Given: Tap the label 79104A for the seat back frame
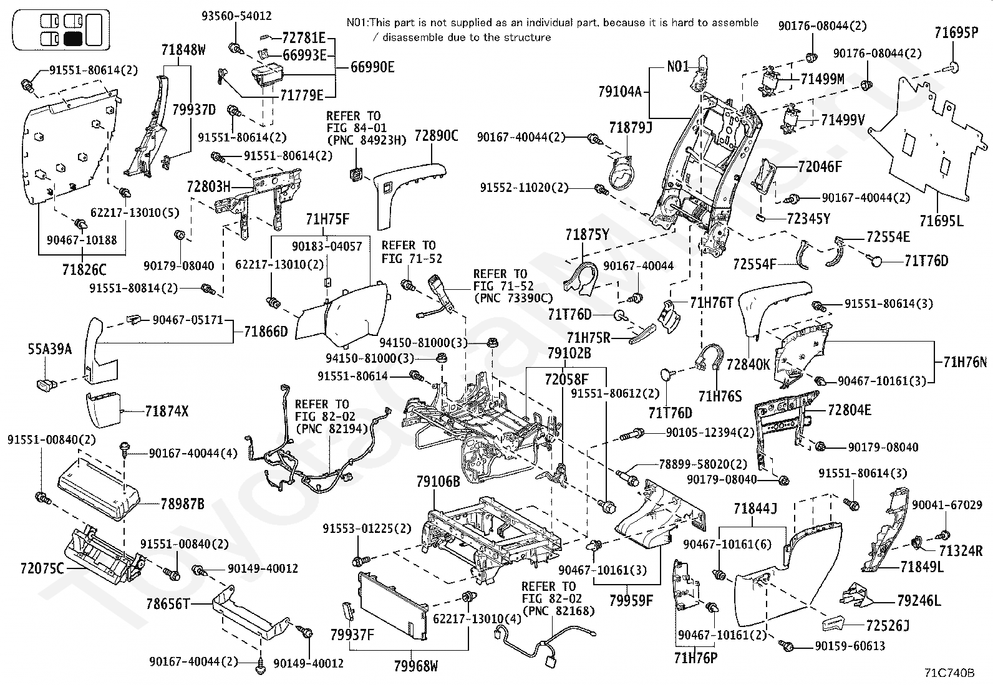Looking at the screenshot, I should [619, 92].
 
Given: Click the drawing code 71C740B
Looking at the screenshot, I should [949, 673].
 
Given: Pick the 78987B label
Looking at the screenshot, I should [182, 504].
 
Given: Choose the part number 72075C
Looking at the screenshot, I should [42, 568].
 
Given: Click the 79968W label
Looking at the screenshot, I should [415, 666].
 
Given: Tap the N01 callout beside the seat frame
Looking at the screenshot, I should [678, 66].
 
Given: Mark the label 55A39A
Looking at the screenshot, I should [49, 349].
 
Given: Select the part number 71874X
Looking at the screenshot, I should [167, 411].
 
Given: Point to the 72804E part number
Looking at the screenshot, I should [850, 410].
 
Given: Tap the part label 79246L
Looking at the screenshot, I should [918, 601].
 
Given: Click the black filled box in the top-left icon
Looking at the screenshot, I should [73, 39].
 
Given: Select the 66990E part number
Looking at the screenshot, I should [372, 67].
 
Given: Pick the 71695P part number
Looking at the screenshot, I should [956, 32].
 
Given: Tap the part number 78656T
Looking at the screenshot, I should [168, 603].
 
